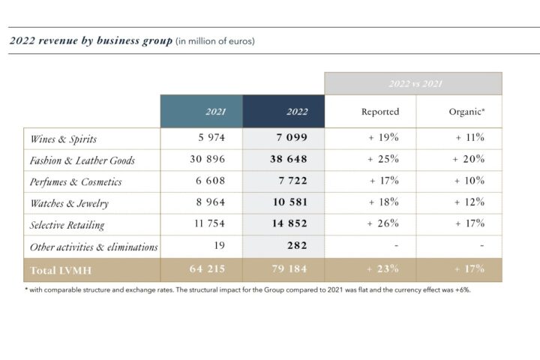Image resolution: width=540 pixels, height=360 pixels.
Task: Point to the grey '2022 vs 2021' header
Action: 415,83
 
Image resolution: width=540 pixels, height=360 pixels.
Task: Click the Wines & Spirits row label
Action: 63,139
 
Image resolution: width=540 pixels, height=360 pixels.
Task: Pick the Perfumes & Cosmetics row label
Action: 76,181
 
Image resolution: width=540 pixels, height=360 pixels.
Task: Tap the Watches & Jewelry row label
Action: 68,203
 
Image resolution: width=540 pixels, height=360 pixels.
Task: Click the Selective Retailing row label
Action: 67,224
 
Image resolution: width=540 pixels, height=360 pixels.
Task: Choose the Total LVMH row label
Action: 61,269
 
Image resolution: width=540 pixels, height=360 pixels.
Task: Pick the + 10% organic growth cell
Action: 469,181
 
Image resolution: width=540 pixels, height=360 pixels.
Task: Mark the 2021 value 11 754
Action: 207,224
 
